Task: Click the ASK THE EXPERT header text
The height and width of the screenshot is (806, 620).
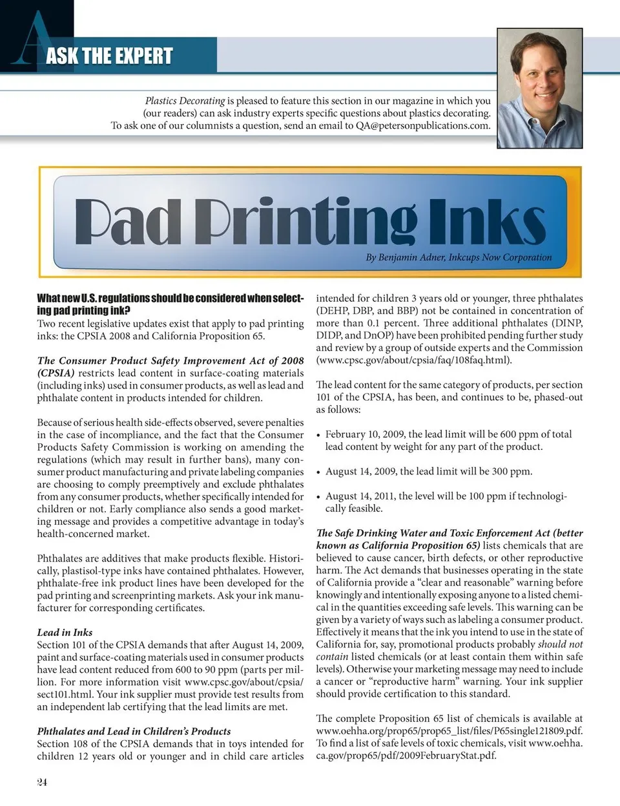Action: (x=109, y=56)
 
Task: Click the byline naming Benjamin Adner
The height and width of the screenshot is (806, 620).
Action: (x=459, y=257)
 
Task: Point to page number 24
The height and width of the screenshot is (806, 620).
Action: (x=42, y=782)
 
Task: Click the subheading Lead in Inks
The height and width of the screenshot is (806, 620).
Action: (x=65, y=632)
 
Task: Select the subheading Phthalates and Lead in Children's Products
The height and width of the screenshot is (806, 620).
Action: (x=134, y=731)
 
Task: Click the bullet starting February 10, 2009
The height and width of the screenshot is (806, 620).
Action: (x=448, y=440)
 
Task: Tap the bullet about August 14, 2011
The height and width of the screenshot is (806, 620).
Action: (x=446, y=502)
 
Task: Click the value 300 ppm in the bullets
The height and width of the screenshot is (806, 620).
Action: (x=512, y=471)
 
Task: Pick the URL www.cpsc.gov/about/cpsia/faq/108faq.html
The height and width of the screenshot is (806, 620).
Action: (x=414, y=360)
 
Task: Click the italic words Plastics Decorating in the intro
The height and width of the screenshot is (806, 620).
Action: (x=185, y=101)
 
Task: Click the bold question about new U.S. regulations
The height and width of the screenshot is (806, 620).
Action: (x=170, y=304)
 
